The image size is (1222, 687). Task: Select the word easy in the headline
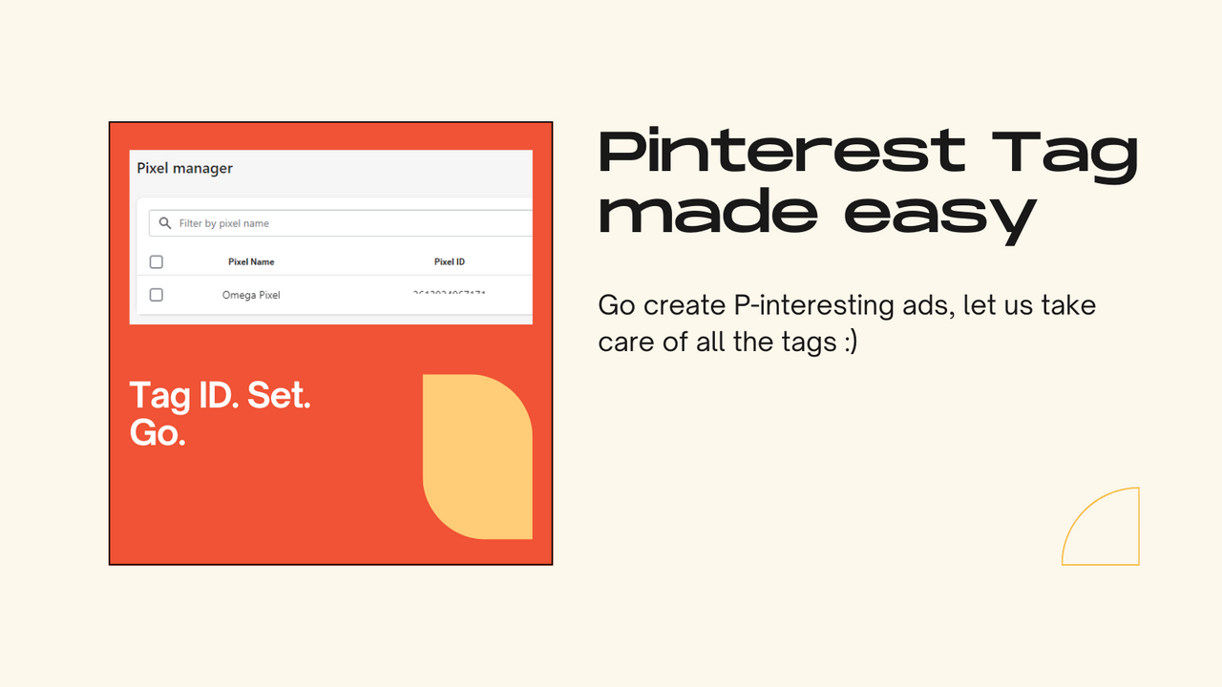tap(939, 212)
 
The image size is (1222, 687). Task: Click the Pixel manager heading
tap(185, 169)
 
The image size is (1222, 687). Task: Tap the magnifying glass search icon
tap(165, 223)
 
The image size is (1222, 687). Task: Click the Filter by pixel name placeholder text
tap(224, 223)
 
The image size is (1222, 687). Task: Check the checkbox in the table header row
tap(157, 261)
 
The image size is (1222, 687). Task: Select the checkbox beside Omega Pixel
tap(157, 295)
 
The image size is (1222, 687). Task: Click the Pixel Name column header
tap(251, 261)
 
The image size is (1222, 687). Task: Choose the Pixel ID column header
tap(450, 261)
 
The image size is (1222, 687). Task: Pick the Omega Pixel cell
tap(251, 295)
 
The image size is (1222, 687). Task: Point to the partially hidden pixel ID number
tap(449, 293)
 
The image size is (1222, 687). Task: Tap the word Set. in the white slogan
tap(279, 395)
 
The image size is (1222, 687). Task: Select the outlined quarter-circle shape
tap(1107, 532)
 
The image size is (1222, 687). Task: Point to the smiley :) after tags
tap(851, 342)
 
